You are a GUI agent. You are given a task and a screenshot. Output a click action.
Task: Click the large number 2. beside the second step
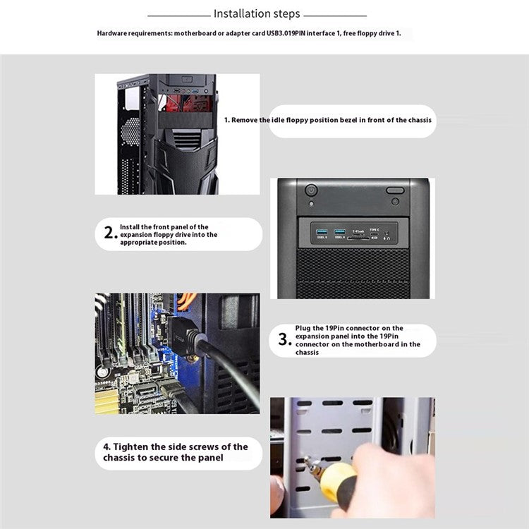(109, 234)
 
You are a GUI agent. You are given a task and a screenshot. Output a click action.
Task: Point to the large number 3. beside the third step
(284, 340)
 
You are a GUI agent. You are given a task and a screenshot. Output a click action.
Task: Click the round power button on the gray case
(311, 190)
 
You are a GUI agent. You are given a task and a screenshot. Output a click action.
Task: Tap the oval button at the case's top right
(395, 190)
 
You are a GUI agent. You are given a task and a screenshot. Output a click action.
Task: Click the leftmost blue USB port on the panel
(321, 231)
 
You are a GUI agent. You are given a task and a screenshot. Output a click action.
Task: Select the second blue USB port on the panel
(339, 231)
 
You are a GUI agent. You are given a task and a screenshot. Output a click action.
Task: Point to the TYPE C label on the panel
(375, 230)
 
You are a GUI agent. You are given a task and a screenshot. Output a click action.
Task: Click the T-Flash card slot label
(358, 230)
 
